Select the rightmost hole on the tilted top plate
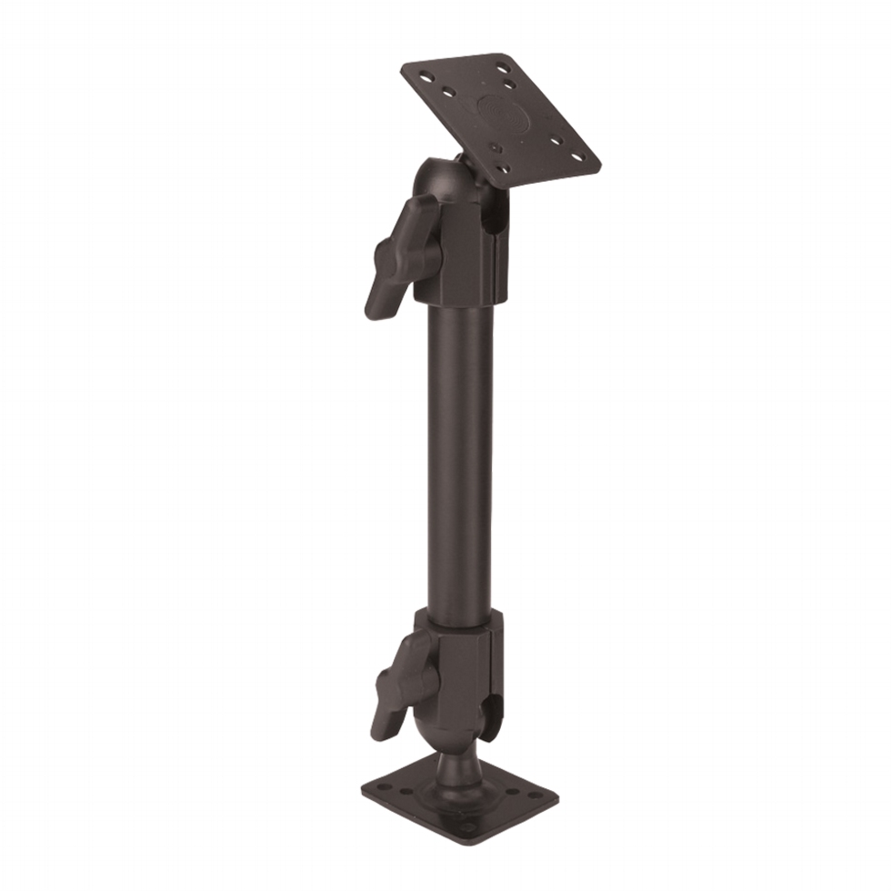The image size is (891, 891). click(x=585, y=157)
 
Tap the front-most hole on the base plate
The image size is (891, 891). click(x=468, y=828)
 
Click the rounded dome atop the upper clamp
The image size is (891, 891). click(x=436, y=177)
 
